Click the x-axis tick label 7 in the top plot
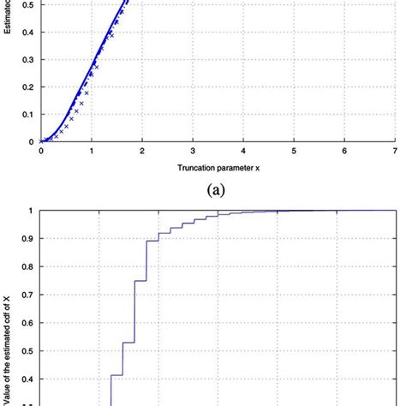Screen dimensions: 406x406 point(396,151)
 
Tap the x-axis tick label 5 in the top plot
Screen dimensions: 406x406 point(294,151)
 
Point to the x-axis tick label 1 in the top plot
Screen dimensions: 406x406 point(92,151)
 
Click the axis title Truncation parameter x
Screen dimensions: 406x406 point(218,167)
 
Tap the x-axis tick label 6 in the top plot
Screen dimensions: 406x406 point(345,151)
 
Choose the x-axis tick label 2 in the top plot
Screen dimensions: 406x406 point(142,151)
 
